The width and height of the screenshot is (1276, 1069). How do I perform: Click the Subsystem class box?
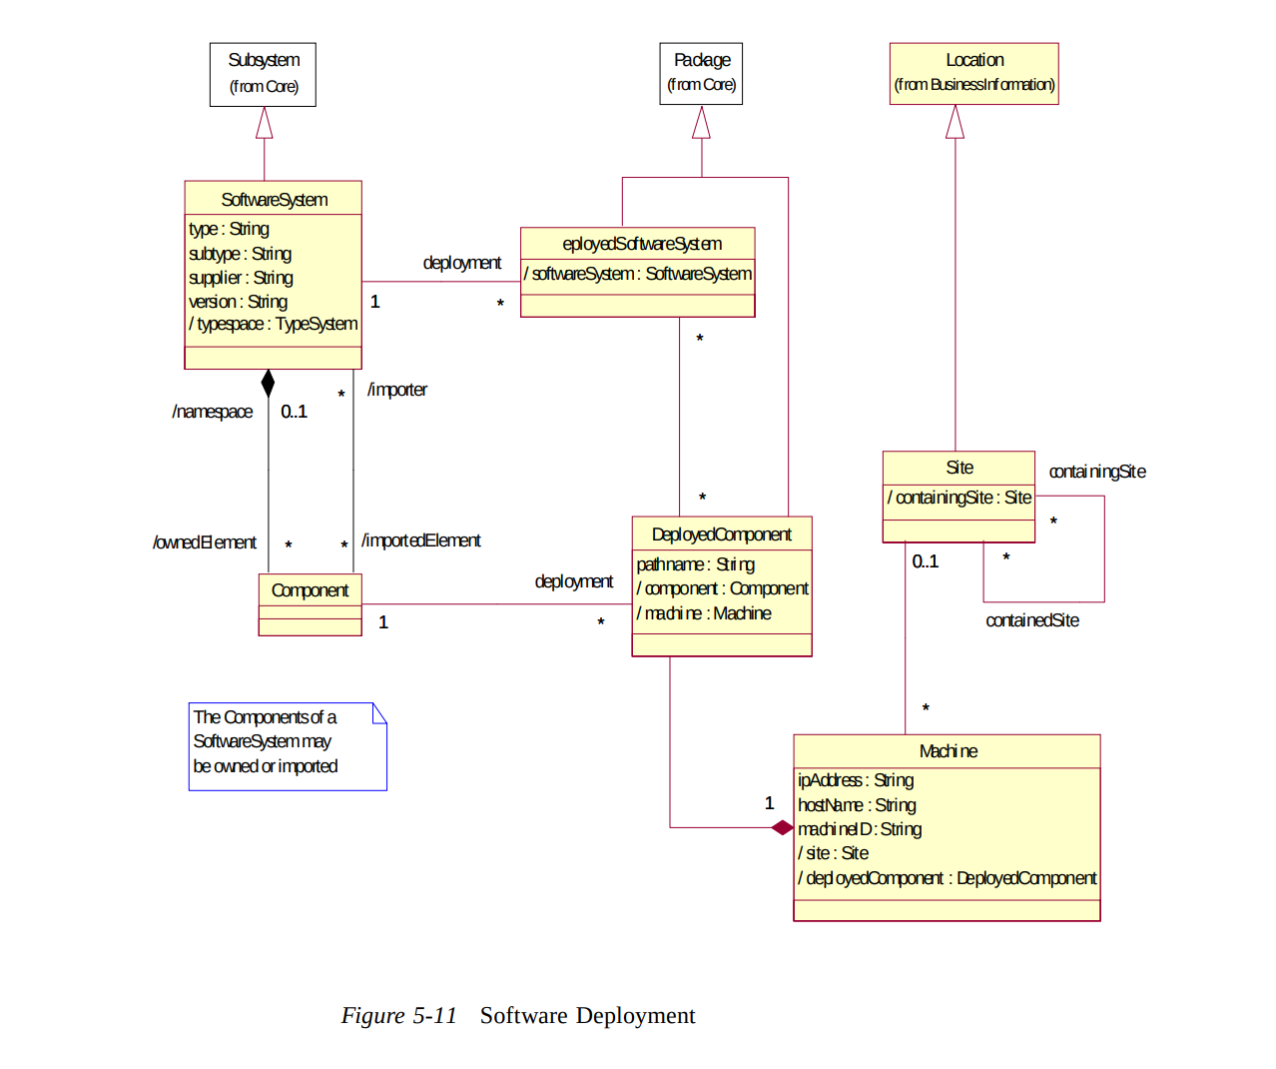[263, 74]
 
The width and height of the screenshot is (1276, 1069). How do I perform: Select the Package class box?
[701, 73]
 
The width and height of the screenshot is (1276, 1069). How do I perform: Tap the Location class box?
[973, 73]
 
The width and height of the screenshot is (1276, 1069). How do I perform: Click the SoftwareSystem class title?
[274, 200]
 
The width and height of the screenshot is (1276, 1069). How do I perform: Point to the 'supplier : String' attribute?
[241, 278]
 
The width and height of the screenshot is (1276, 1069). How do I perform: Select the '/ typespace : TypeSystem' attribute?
[273, 324]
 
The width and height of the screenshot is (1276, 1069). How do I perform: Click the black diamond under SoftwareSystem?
[268, 383]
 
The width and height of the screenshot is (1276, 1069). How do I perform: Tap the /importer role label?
[397, 390]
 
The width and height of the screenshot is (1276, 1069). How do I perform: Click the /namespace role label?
[212, 412]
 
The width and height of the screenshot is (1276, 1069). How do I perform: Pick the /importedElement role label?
[420, 540]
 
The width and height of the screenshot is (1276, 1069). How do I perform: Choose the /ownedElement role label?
[205, 542]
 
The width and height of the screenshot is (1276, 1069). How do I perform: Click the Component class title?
[310, 590]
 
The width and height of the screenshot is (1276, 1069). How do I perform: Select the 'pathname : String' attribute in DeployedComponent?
[695, 564]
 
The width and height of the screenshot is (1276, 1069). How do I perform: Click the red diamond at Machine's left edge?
[782, 827]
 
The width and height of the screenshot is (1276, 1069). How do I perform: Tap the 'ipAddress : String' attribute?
[856, 780]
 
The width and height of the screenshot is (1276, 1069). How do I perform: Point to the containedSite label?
[1031, 620]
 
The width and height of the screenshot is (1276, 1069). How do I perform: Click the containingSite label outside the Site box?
[1096, 472]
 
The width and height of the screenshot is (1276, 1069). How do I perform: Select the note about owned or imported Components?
[287, 745]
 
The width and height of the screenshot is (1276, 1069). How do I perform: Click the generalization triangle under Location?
[955, 122]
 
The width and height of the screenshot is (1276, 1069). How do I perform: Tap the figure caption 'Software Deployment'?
[587, 1015]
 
